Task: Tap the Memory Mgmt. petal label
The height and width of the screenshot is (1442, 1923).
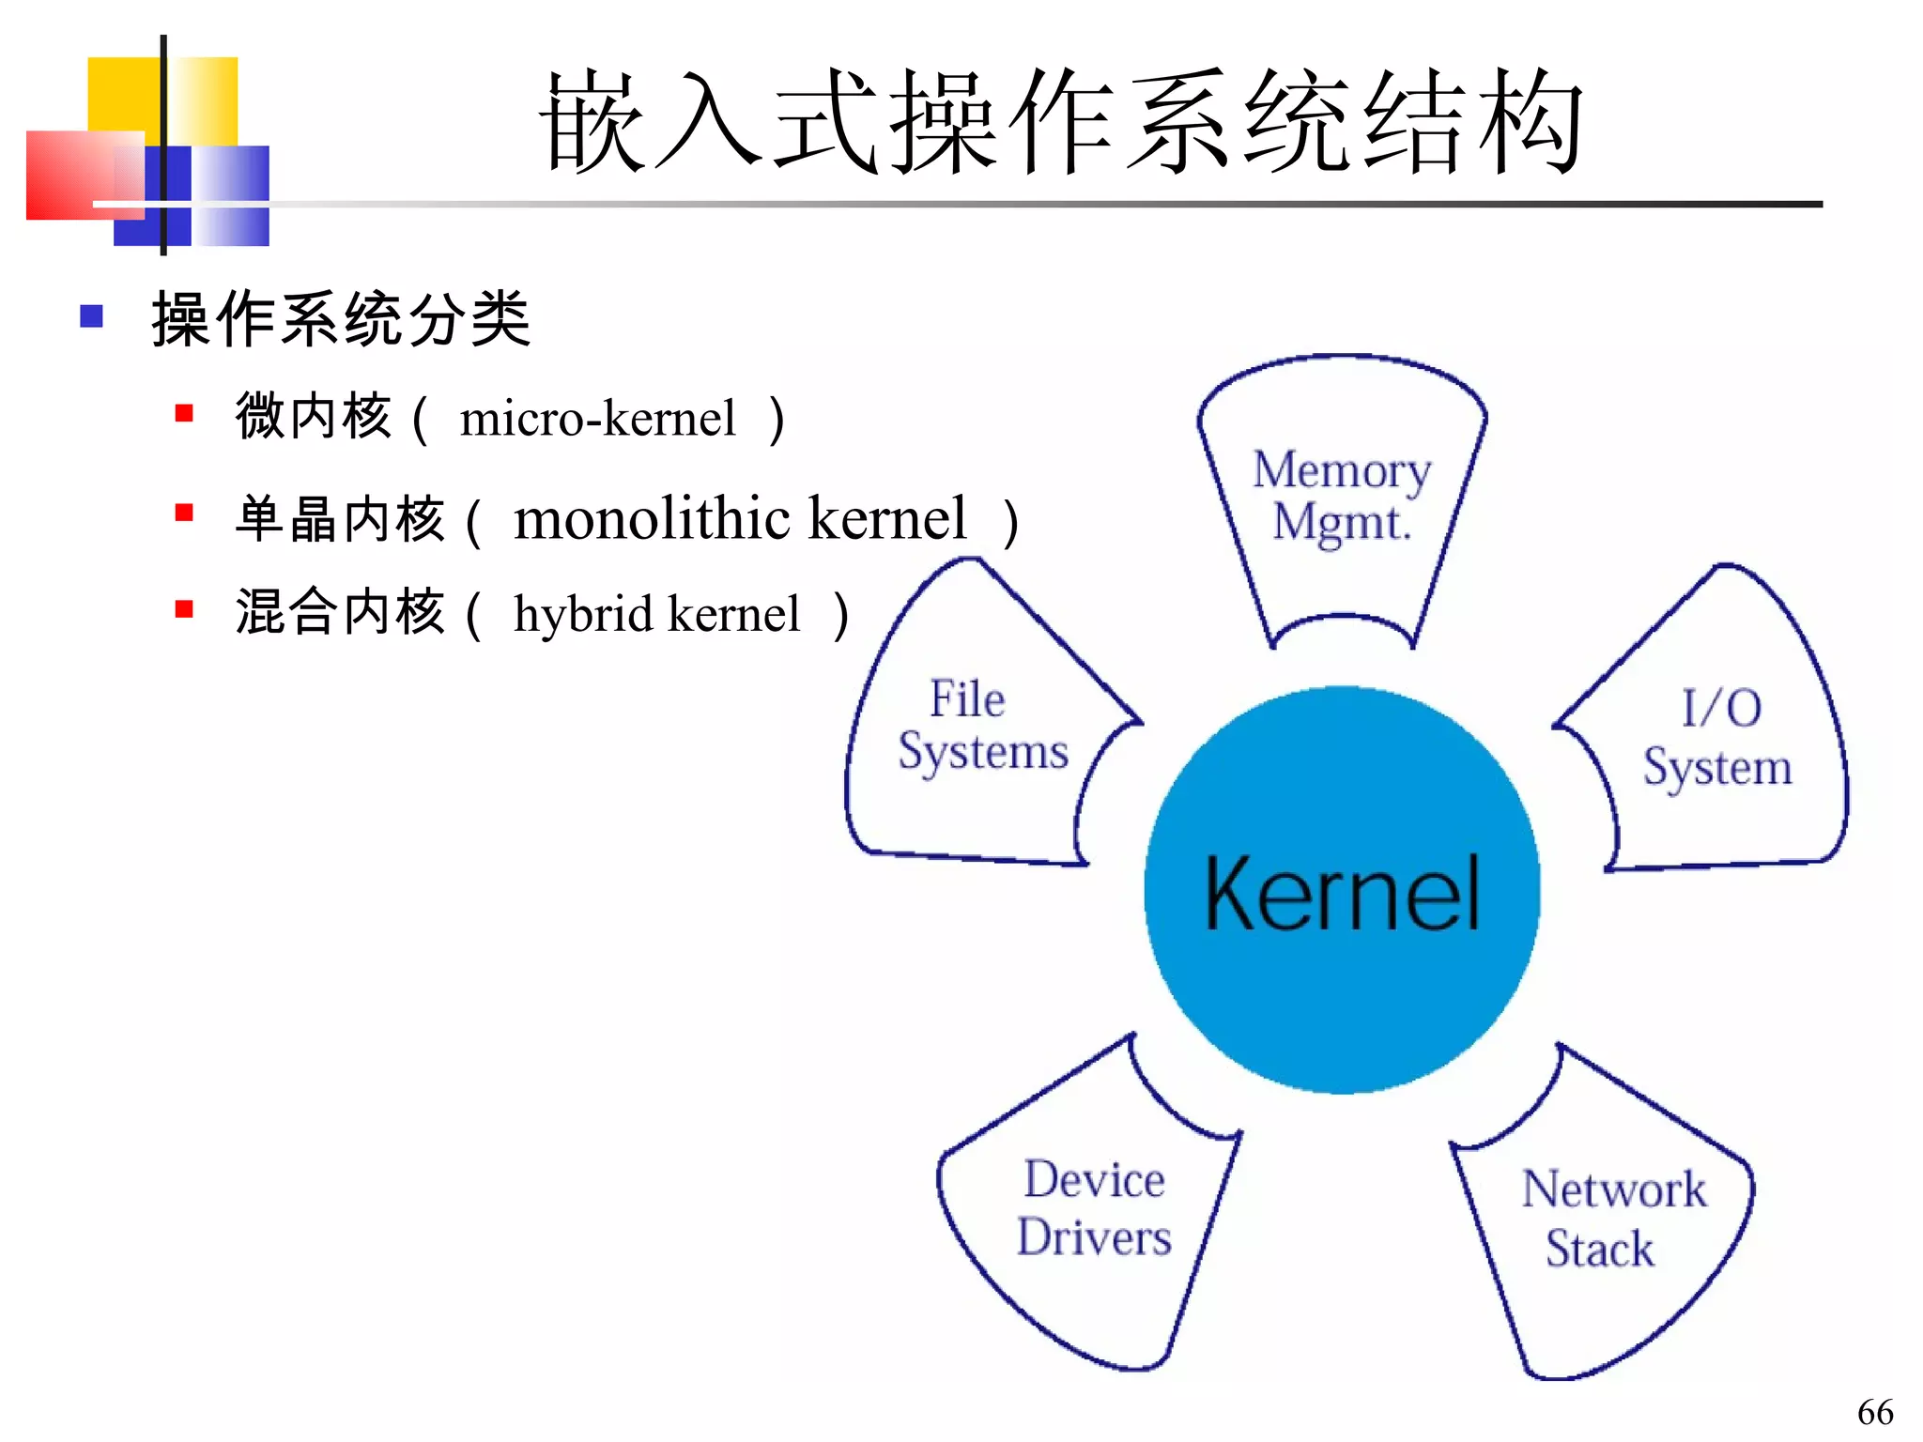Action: click(x=1342, y=496)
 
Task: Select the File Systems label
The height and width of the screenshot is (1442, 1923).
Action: click(x=981, y=726)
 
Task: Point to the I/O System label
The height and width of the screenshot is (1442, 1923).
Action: click(x=1717, y=738)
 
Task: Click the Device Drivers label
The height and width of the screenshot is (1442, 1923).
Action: click(x=1094, y=1208)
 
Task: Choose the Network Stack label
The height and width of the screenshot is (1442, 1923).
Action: click(x=1612, y=1219)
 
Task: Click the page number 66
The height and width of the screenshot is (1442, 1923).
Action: click(x=1874, y=1412)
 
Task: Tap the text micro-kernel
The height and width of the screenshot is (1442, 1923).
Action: click(x=597, y=419)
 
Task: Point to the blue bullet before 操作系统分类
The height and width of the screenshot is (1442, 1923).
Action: click(x=92, y=316)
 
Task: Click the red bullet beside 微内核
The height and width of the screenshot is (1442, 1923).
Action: click(x=184, y=413)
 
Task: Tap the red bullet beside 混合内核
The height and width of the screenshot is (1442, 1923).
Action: click(x=184, y=609)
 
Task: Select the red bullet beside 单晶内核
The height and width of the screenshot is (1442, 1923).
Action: click(x=184, y=513)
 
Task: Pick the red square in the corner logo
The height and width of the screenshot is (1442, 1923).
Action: click(x=66, y=175)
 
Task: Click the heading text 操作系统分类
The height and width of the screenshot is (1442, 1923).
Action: click(x=341, y=319)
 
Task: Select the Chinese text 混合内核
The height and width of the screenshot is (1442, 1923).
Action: click(x=340, y=612)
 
